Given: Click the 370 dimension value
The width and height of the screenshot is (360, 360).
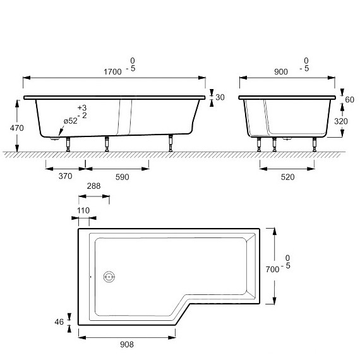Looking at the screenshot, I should coord(65,177).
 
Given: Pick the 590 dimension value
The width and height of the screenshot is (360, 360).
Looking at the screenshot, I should coord(121,177).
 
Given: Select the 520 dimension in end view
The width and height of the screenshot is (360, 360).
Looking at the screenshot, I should coord(287,177).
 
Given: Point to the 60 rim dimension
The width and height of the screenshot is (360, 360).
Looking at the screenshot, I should coord(350,99).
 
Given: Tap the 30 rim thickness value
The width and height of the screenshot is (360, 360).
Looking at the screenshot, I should coord(219,97).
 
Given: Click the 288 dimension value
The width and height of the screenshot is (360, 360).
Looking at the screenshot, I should coord(93,186).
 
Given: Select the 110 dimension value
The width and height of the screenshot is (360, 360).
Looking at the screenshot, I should coord(82,210).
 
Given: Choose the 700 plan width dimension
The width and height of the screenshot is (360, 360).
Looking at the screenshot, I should coord(272,269).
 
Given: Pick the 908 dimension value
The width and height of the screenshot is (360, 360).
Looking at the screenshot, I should coord(126,345).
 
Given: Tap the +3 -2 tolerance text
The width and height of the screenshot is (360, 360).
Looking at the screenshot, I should coord(82,112).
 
